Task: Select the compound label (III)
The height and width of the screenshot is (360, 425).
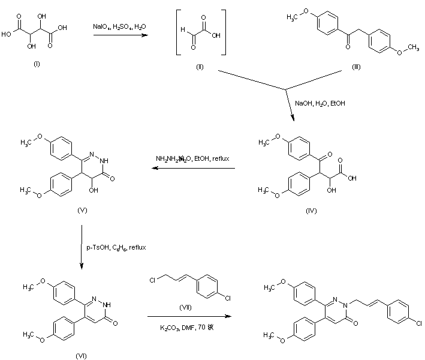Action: [x=355, y=71]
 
